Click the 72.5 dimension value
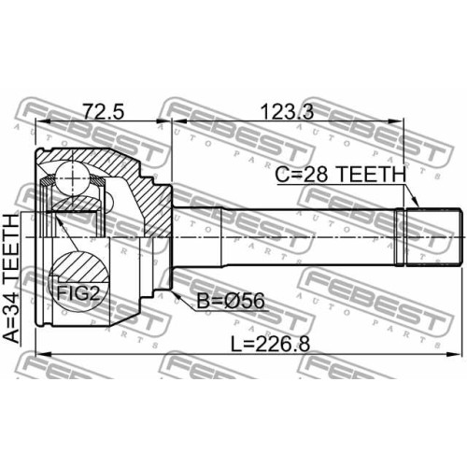coord(104,111)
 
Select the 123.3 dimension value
coord(287,111)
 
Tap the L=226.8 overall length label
coord(270,345)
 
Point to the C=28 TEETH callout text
coord(341,175)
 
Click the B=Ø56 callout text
coord(231,301)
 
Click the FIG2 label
coord(78,293)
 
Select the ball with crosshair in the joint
coord(72,178)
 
